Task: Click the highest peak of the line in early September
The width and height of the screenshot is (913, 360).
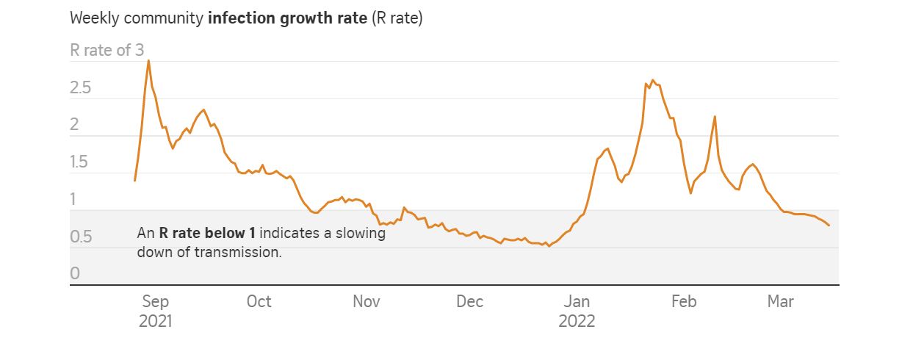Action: (149, 60)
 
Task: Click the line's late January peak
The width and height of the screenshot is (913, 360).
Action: (653, 80)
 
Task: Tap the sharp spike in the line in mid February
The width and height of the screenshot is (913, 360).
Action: (715, 116)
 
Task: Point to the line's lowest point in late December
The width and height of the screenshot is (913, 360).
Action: (549, 246)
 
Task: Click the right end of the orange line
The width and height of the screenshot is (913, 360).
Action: (829, 226)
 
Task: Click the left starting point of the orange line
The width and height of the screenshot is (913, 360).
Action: (135, 180)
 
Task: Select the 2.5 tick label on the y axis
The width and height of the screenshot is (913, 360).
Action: (80, 88)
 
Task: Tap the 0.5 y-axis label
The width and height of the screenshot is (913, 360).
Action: (80, 237)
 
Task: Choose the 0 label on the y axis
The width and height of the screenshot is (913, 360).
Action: (74, 274)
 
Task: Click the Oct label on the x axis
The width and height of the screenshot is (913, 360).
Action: (259, 302)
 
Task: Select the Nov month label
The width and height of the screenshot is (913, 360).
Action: (367, 302)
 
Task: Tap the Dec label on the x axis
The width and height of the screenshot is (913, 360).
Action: (469, 302)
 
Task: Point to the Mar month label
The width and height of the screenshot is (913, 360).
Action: (780, 302)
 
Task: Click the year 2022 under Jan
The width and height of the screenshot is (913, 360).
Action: (577, 322)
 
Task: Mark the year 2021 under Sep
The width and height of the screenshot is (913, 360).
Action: (155, 322)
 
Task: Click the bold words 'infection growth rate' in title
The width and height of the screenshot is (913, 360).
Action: (287, 18)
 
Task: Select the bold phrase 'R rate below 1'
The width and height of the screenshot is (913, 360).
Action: (207, 234)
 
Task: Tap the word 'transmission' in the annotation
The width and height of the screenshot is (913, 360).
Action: (244, 252)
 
